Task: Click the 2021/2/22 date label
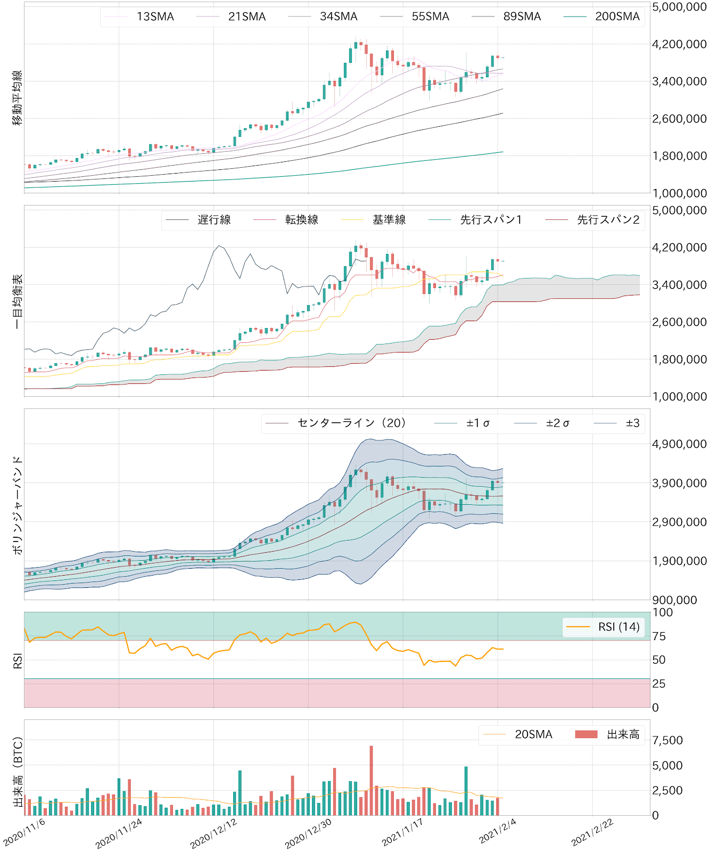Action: pos(592,832)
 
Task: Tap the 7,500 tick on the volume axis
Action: pos(667,740)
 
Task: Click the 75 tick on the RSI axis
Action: pos(659,636)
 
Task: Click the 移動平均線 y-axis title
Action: pos(18,97)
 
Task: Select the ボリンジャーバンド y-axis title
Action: pos(18,505)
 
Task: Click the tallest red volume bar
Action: pos(371,780)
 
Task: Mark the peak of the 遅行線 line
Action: pos(219,245)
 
